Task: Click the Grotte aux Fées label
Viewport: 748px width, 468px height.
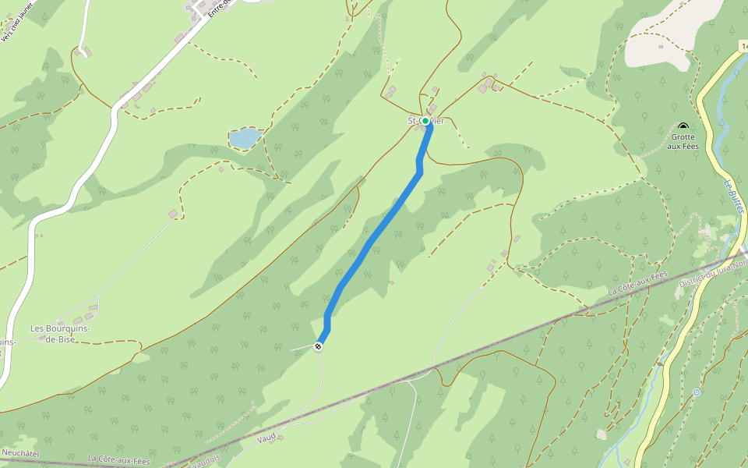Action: (x=683, y=141)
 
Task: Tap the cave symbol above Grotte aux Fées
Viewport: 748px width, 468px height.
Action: (x=683, y=126)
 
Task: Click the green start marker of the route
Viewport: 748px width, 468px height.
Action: (x=425, y=121)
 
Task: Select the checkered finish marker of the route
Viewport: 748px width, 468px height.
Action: (x=318, y=346)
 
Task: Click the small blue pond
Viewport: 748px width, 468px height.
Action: (x=245, y=138)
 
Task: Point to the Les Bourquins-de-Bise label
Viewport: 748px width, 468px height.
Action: (x=60, y=334)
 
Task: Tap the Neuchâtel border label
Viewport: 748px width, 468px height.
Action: (x=20, y=452)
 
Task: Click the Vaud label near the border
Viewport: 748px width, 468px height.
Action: (x=266, y=438)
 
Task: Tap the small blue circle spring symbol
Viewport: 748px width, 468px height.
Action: (x=697, y=392)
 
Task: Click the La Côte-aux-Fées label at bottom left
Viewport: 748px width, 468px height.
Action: (x=118, y=460)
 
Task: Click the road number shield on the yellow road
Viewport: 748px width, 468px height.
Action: (x=743, y=47)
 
